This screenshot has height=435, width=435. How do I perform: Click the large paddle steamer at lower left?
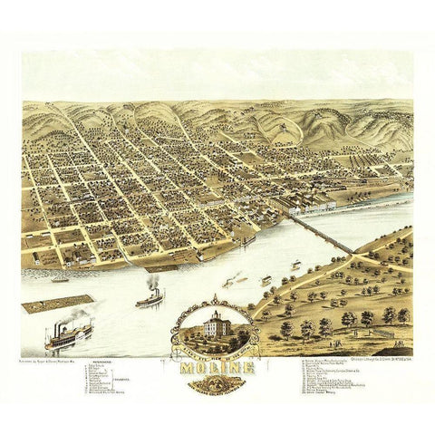69,337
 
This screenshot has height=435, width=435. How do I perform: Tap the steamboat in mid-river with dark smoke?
150,296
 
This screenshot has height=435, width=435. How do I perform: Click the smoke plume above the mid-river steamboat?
155,282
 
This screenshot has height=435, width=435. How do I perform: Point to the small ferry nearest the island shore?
295,266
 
